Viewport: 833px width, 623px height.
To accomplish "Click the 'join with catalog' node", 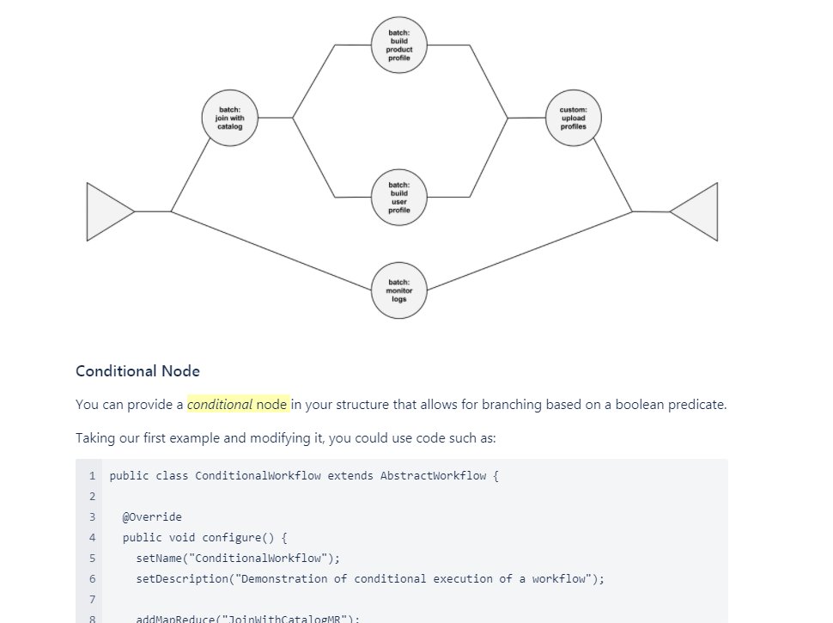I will pos(229,118).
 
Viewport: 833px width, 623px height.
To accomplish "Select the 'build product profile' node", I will pos(399,46).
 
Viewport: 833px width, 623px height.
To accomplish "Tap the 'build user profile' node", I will pos(399,198).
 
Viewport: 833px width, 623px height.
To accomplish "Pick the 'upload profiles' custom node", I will pos(574,118).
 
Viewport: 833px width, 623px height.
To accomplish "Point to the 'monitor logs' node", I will pos(399,290).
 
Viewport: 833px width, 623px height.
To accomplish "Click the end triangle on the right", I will pos(696,211).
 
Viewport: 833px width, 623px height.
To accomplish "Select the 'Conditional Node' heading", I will pos(137,371).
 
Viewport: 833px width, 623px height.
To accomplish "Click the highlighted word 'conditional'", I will pos(219,404).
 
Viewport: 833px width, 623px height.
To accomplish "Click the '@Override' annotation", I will pos(152,517).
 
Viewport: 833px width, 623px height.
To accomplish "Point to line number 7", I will pos(93,600).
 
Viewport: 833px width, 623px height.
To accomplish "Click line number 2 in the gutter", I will pos(93,497).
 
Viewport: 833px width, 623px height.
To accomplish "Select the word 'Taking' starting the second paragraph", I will pos(95,438).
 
